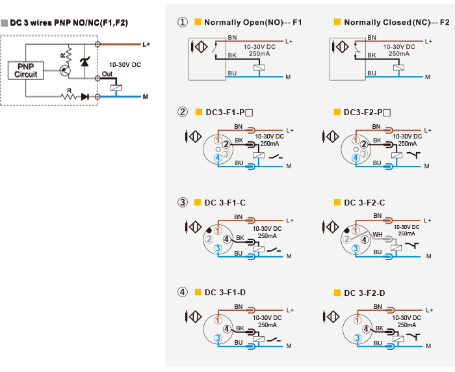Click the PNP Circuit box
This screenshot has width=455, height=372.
(x=25, y=70)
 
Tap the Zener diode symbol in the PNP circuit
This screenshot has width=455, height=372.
(x=84, y=62)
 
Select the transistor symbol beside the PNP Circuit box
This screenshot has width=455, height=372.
(x=64, y=70)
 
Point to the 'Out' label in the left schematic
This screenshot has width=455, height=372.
(x=107, y=73)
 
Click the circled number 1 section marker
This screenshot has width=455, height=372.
(x=183, y=22)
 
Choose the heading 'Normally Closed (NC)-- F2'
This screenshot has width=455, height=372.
(x=396, y=22)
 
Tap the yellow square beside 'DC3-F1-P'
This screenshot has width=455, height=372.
(x=199, y=112)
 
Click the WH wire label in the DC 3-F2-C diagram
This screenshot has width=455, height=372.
(x=378, y=234)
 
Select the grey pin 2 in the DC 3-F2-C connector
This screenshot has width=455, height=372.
(x=346, y=239)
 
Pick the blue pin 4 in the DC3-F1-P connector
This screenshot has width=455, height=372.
(x=218, y=158)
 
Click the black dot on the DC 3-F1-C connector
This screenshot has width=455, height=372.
(x=209, y=231)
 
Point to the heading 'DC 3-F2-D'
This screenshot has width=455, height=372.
(x=365, y=293)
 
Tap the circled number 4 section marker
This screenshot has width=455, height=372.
(x=183, y=292)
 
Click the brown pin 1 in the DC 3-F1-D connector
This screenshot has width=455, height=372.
(x=218, y=321)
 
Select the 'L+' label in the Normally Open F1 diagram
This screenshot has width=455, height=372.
(x=289, y=42)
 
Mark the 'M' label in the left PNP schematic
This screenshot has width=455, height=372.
(x=146, y=96)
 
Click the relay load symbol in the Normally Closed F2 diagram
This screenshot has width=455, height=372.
(x=398, y=68)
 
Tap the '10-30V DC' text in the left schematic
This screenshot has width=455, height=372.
(x=125, y=65)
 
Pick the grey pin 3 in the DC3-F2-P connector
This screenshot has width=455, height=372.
(x=364, y=153)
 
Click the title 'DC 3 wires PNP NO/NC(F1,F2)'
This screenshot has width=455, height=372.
(x=69, y=23)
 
